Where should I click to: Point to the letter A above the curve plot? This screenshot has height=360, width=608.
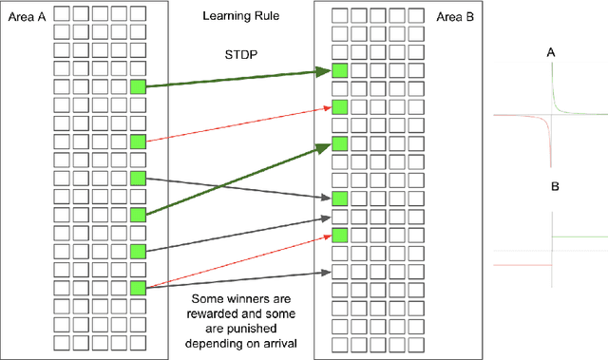point(551,55)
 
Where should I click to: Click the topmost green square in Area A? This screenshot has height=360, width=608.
point(138,87)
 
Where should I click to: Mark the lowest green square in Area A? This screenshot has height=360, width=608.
point(138,288)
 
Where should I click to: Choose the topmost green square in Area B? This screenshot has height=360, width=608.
point(340,71)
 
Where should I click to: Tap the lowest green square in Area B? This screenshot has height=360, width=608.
point(340,235)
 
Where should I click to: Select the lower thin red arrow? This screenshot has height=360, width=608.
point(237,260)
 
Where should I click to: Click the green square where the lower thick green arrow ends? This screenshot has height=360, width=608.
point(340,143)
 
